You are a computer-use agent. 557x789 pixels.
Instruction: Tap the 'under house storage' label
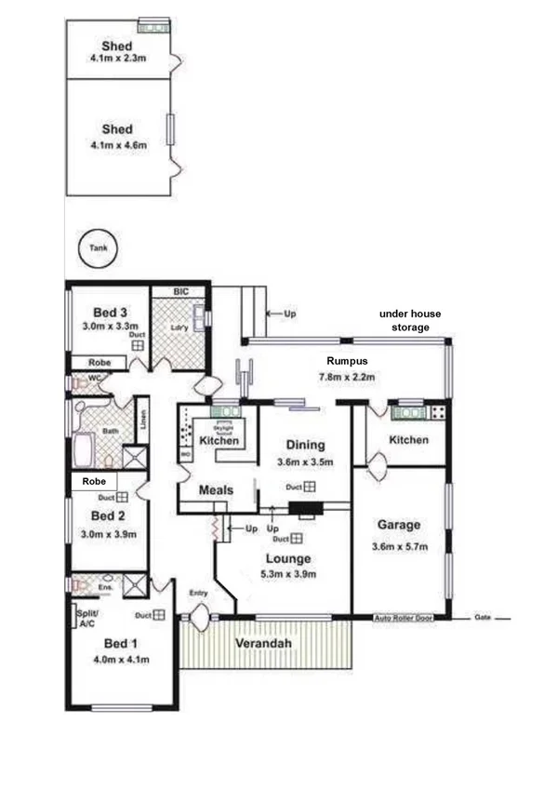pos(404,321)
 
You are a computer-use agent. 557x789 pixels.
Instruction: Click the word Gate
pos(483,618)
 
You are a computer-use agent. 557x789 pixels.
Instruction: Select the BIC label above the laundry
pos(180,291)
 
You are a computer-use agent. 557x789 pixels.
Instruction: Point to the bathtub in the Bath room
pos(82,450)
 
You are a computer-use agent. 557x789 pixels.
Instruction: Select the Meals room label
pos(216,490)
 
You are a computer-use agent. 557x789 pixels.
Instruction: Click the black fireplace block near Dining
pos(303,508)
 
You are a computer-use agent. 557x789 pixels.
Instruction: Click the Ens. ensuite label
pos(107,587)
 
